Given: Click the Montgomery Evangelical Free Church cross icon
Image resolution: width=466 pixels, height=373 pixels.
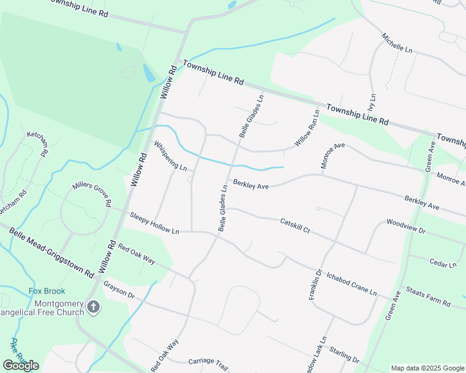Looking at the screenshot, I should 93,306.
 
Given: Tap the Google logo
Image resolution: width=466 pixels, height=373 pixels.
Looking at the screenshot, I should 21,366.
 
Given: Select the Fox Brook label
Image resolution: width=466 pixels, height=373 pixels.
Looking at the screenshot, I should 47,291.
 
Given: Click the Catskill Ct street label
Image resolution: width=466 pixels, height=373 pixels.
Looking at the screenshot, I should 295,225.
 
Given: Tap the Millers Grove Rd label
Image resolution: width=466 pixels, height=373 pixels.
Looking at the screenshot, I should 92,194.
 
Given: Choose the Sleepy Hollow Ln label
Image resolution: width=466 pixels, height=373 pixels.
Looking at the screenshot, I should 154,223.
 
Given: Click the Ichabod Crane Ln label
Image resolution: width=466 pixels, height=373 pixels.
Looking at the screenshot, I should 352,283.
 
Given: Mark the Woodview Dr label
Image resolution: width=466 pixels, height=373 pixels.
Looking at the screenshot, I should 405,226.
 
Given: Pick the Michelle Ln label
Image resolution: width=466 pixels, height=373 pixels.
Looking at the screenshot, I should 397,43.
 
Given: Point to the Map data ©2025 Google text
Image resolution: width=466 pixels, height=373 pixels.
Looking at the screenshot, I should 427,368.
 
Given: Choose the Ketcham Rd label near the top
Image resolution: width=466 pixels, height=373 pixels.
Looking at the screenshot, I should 37,144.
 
